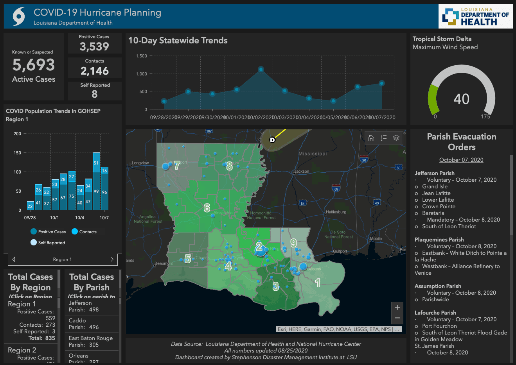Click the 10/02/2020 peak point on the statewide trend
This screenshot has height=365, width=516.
click(x=261, y=69)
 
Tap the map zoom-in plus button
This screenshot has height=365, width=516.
click(x=397, y=307)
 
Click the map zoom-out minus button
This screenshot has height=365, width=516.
click(x=397, y=318)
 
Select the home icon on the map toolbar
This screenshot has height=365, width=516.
click(x=371, y=138)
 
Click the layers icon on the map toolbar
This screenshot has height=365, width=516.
click(x=396, y=138)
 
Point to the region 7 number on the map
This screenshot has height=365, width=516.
click(x=177, y=165)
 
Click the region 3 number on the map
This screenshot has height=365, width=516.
click(x=276, y=286)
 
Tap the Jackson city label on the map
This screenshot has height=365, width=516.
click(x=302, y=171)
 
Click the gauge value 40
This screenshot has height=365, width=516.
click(x=461, y=99)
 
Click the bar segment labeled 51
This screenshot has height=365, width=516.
click(x=96, y=163)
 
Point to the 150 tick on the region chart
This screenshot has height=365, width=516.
click(x=17, y=153)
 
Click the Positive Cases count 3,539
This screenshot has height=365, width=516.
click(x=94, y=47)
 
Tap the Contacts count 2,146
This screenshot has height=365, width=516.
click(x=95, y=71)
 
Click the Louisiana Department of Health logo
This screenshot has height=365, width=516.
click(x=475, y=17)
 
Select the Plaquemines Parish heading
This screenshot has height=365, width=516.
click(x=439, y=240)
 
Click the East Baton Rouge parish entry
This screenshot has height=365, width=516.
click(x=91, y=341)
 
